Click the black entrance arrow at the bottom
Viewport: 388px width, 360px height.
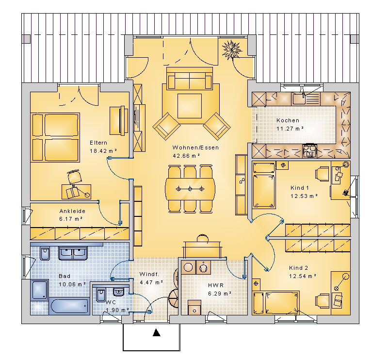(156, 332)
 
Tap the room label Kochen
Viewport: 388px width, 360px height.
(288, 120)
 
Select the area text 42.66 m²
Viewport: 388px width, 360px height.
(186, 156)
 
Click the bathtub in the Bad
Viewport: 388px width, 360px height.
(69, 306)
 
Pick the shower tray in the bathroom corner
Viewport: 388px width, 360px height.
(40, 290)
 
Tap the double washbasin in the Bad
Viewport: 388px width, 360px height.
(73, 253)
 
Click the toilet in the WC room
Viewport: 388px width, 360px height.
(101, 295)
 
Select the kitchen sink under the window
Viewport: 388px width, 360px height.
(300, 98)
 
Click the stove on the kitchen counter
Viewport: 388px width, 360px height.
(309, 151)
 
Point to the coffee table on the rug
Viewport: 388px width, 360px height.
(190, 106)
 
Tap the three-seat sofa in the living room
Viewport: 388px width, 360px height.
(190, 78)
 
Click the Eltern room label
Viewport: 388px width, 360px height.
(98, 143)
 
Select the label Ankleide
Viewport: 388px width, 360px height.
(72, 211)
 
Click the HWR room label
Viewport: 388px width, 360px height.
(216, 285)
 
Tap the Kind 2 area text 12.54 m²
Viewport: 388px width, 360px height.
(303, 276)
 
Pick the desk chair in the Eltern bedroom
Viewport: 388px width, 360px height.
(75, 177)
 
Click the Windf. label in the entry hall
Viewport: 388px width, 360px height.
(149, 274)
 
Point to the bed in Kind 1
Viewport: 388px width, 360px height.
(264, 185)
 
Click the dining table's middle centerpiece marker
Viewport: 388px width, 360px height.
(190, 189)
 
